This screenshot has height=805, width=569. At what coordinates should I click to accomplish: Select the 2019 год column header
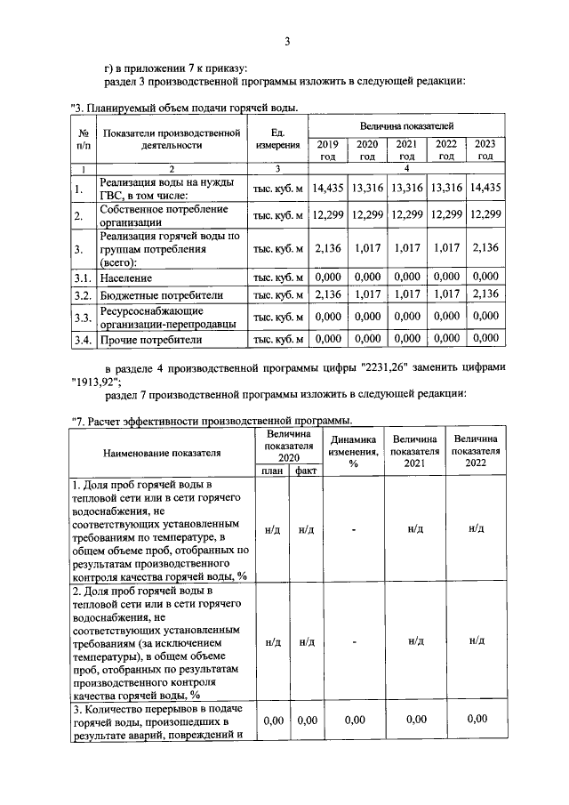pyautogui.click(x=328, y=149)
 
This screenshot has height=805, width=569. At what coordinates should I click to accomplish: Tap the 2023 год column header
pyautogui.click(x=485, y=149)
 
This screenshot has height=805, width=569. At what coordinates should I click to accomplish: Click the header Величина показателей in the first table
pyautogui.click(x=406, y=126)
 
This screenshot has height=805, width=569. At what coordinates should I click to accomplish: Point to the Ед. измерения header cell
pyautogui.click(x=277, y=138)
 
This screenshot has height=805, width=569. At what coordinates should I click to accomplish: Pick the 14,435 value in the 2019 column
pyautogui.click(x=328, y=188)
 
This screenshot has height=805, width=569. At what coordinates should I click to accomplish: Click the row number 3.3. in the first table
pyautogui.click(x=83, y=317)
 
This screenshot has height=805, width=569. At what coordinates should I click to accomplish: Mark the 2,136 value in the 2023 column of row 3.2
pyautogui.click(x=485, y=295)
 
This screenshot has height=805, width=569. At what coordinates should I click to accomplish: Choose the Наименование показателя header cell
pyautogui.click(x=162, y=452)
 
